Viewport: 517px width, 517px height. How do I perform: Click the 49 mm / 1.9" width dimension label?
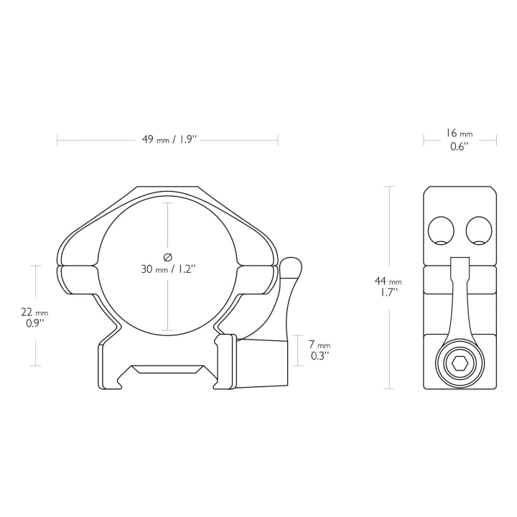(x=169, y=139)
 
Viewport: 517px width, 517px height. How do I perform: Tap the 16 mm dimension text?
(x=460, y=134)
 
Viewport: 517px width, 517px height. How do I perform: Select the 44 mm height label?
(x=388, y=281)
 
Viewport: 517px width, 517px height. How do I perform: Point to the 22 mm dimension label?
(x=34, y=312)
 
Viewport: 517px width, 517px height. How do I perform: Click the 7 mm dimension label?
(x=319, y=345)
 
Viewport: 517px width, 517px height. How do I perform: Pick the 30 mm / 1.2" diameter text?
(x=168, y=269)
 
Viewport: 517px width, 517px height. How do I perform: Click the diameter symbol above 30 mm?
(x=168, y=256)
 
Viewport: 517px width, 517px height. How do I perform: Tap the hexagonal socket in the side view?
(x=460, y=363)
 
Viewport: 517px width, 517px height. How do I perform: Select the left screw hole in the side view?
(x=441, y=230)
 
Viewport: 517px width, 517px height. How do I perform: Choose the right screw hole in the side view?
(x=479, y=230)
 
